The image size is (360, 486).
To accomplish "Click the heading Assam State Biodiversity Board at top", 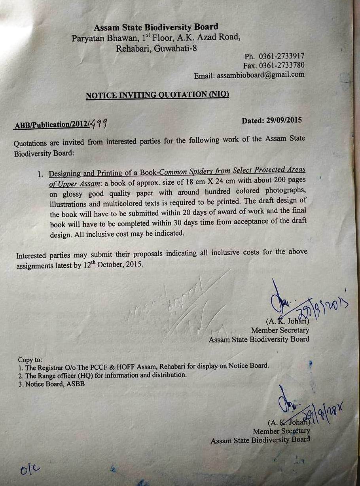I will [x=156, y=27].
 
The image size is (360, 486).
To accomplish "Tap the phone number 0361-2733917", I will [x=281, y=56].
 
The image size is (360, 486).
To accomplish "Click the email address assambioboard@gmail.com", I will [x=261, y=75].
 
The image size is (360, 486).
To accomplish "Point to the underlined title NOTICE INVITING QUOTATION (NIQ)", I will [x=157, y=95].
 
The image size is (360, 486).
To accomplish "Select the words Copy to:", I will [x=30, y=360].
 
